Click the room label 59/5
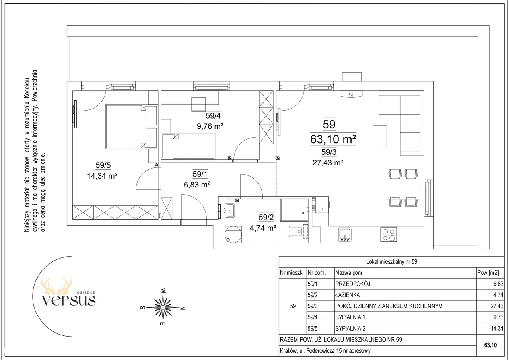(x=103, y=165)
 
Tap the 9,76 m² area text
(x=210, y=126)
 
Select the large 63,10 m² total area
(x=333, y=139)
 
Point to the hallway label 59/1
(x=200, y=174)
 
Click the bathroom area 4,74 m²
(x=263, y=228)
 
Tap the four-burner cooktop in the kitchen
(x=389, y=235)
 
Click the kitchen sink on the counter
(x=345, y=234)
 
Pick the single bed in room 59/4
(x=188, y=146)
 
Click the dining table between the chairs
(x=403, y=188)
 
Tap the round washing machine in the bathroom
(x=233, y=234)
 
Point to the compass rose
(x=163, y=307)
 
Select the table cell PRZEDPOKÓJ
(x=352, y=284)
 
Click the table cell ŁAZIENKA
(x=348, y=295)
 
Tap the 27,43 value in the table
(x=497, y=306)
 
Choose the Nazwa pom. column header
(x=350, y=273)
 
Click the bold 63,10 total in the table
(x=490, y=345)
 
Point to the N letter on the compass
(x=183, y=308)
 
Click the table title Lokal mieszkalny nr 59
(x=392, y=262)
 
